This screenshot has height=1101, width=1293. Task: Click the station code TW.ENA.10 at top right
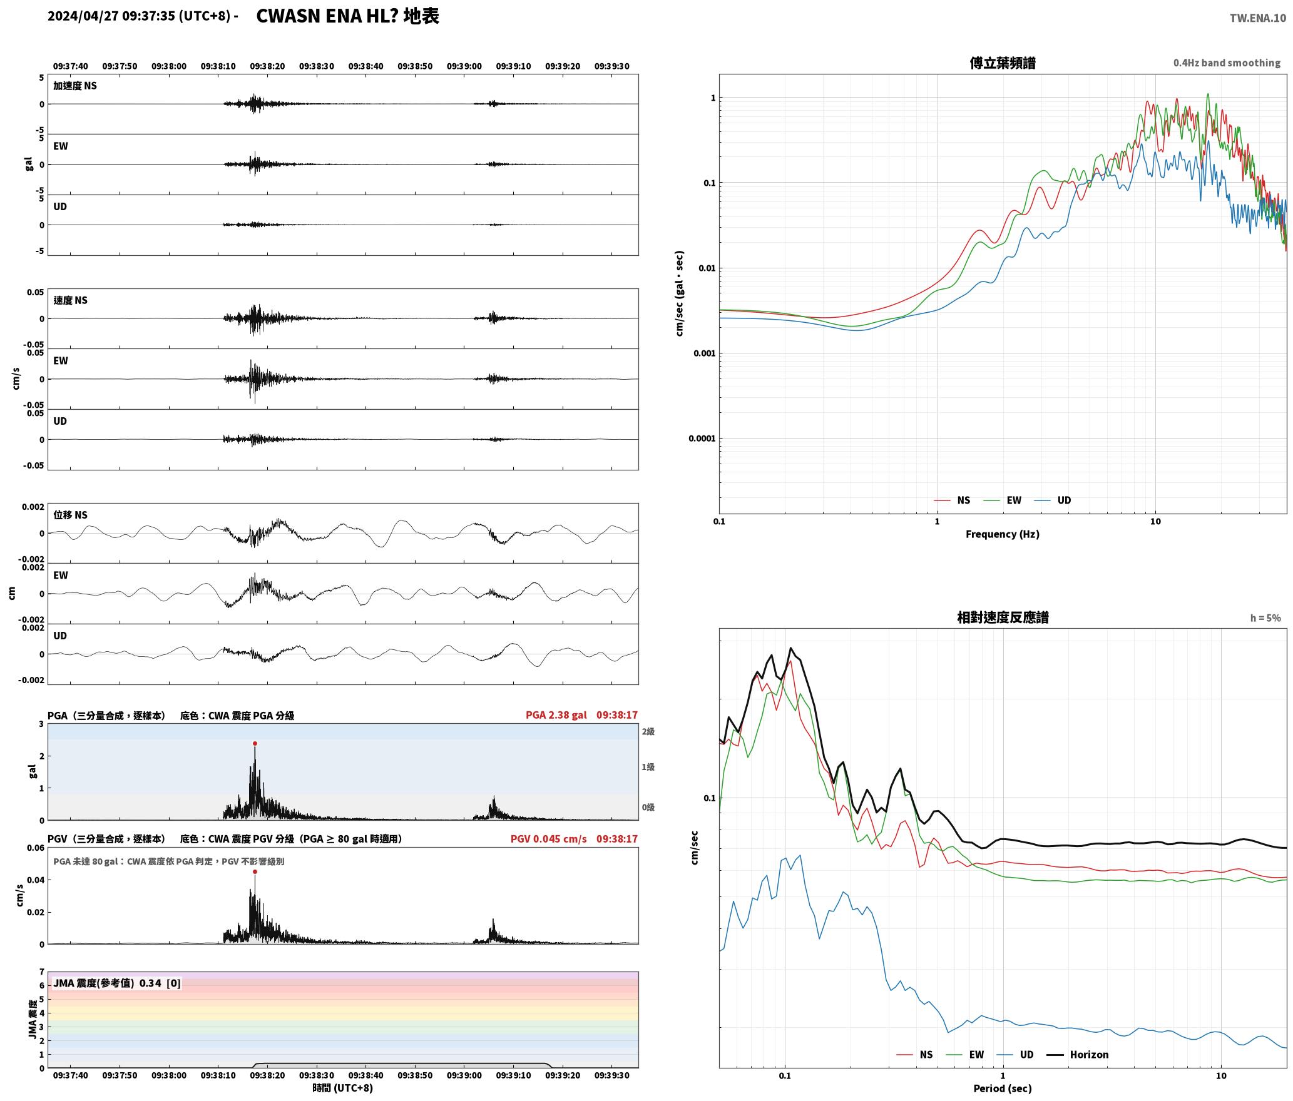coord(1258,18)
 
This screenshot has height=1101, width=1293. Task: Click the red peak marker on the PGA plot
coord(255,743)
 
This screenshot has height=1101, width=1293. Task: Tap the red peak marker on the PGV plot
coord(255,871)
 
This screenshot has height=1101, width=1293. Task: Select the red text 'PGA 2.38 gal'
coord(556,715)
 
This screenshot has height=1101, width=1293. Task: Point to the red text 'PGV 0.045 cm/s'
coord(549,839)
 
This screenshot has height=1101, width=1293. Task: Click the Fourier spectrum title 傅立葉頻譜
coord(1002,63)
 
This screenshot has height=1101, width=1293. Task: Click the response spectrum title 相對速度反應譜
coord(1003,617)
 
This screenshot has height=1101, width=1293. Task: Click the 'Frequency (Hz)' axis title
coord(1002,534)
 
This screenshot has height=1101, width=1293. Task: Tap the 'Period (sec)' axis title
coord(1002,1088)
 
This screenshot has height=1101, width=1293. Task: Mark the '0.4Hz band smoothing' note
coord(1227,63)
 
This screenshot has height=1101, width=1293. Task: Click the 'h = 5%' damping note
coord(1265,618)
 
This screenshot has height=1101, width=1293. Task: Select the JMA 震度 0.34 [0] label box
coord(117,983)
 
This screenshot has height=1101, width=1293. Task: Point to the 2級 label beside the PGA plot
coord(648,731)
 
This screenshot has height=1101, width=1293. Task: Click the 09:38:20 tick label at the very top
coord(267,66)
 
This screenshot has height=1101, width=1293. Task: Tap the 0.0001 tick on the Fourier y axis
coord(702,439)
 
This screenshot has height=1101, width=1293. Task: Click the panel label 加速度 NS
coord(75,86)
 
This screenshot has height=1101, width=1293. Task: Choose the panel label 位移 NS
coord(70,515)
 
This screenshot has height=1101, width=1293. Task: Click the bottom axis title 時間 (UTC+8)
coord(343,1088)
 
